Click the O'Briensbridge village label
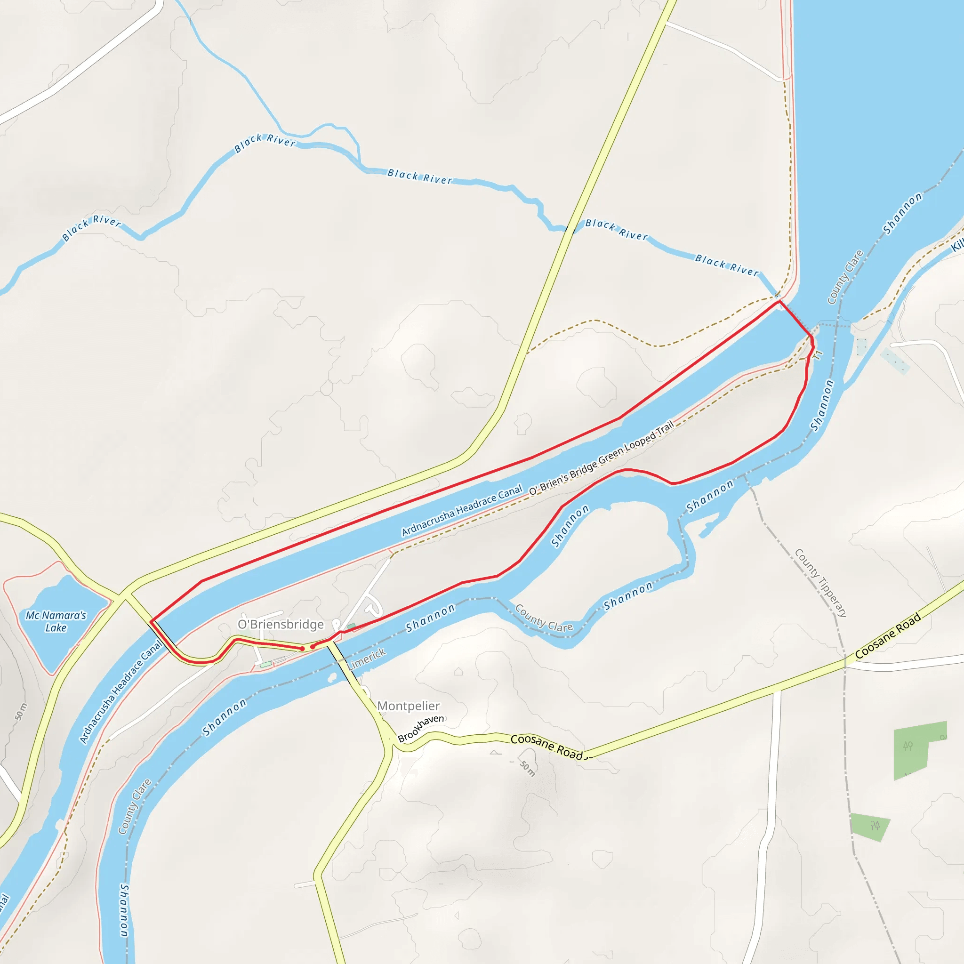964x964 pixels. pos(281,624)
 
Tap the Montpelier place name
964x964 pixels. pos(408,706)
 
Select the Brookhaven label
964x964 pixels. pos(421,728)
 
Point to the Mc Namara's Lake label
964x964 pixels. pos(56,621)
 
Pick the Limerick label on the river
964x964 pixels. pos(367,659)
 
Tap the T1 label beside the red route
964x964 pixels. pos(817,355)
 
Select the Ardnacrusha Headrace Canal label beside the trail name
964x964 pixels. pos(462,510)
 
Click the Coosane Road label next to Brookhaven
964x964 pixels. pos(546,746)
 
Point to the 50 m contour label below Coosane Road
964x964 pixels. pos(527,768)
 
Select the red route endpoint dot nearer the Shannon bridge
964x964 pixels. pos(313,647)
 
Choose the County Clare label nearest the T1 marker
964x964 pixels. pos(845,277)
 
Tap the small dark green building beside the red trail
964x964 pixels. pos(351,626)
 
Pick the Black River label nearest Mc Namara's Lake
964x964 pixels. pos(91,227)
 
